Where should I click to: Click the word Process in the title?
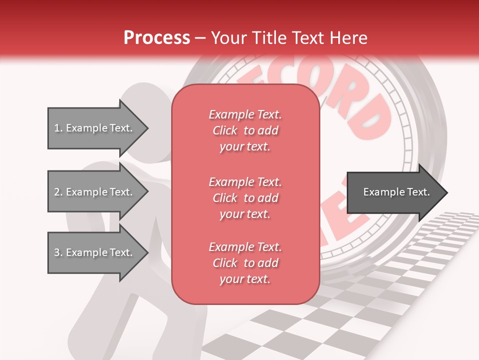[157, 38]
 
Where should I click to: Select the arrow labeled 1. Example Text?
[95, 128]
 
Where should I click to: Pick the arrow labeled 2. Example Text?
[95, 192]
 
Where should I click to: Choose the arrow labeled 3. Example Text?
[95, 252]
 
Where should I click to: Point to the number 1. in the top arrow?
[58, 128]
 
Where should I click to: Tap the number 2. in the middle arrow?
[58, 192]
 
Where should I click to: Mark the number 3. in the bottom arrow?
[58, 252]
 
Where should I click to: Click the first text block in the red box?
[245, 130]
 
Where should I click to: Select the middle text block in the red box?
[245, 198]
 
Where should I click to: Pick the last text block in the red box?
[245, 263]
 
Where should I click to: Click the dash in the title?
[201, 38]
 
